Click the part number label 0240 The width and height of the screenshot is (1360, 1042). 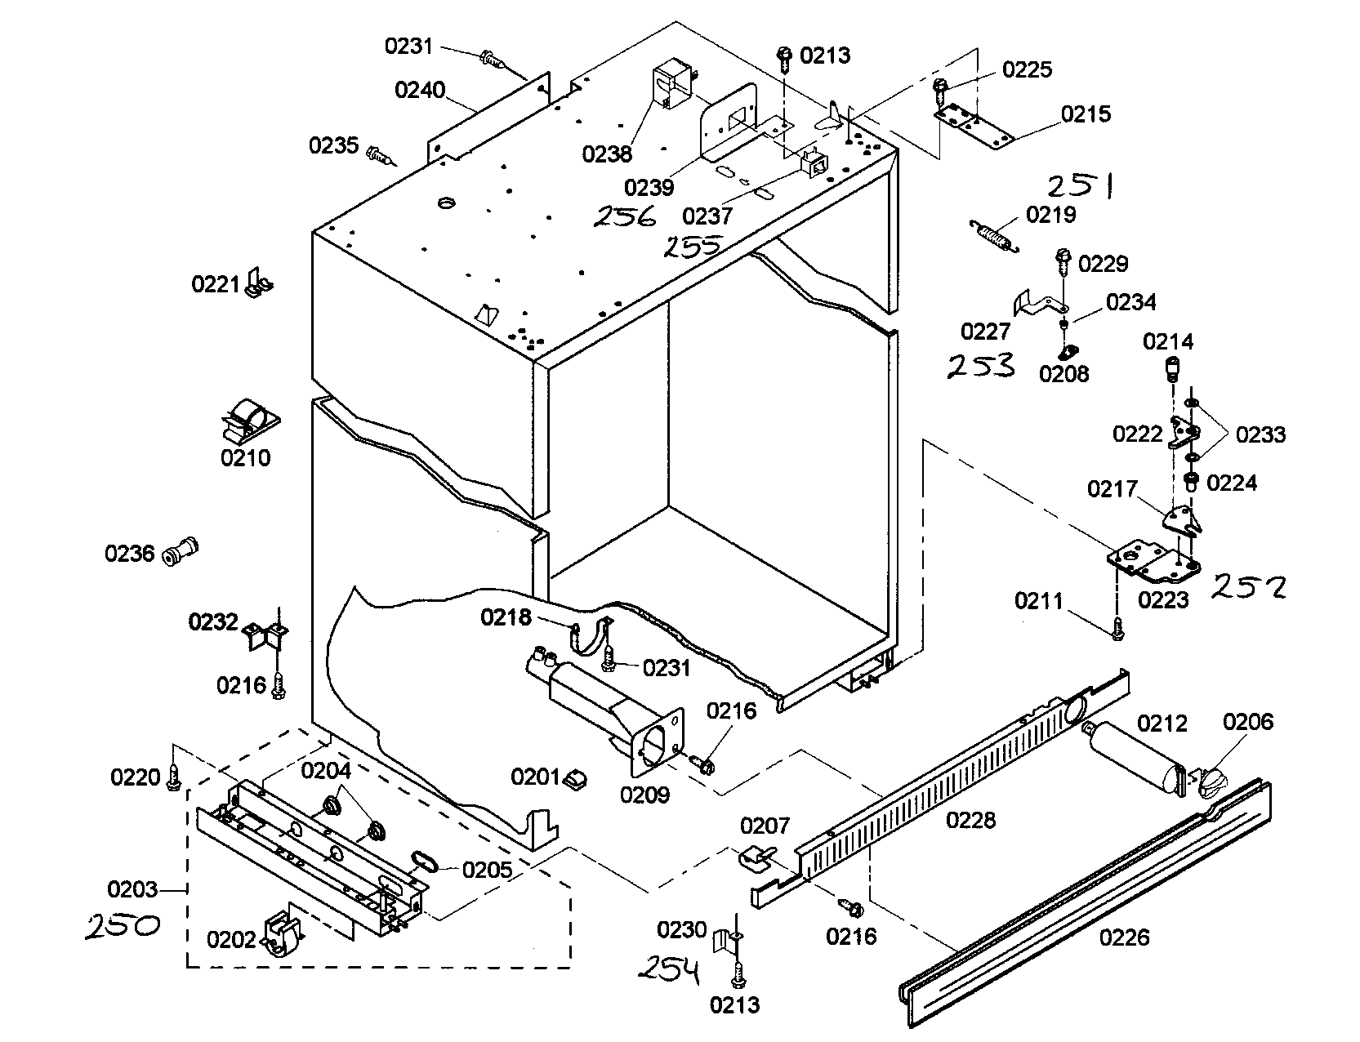(420, 89)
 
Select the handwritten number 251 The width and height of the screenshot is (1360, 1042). (1080, 186)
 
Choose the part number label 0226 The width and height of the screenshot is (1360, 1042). (1124, 937)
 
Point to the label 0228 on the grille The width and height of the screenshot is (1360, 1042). (970, 820)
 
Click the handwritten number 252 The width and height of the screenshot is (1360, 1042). (1249, 586)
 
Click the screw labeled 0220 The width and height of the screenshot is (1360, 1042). (173, 779)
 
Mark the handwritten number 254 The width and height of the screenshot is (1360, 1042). (668, 971)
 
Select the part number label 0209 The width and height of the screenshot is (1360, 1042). (644, 795)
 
